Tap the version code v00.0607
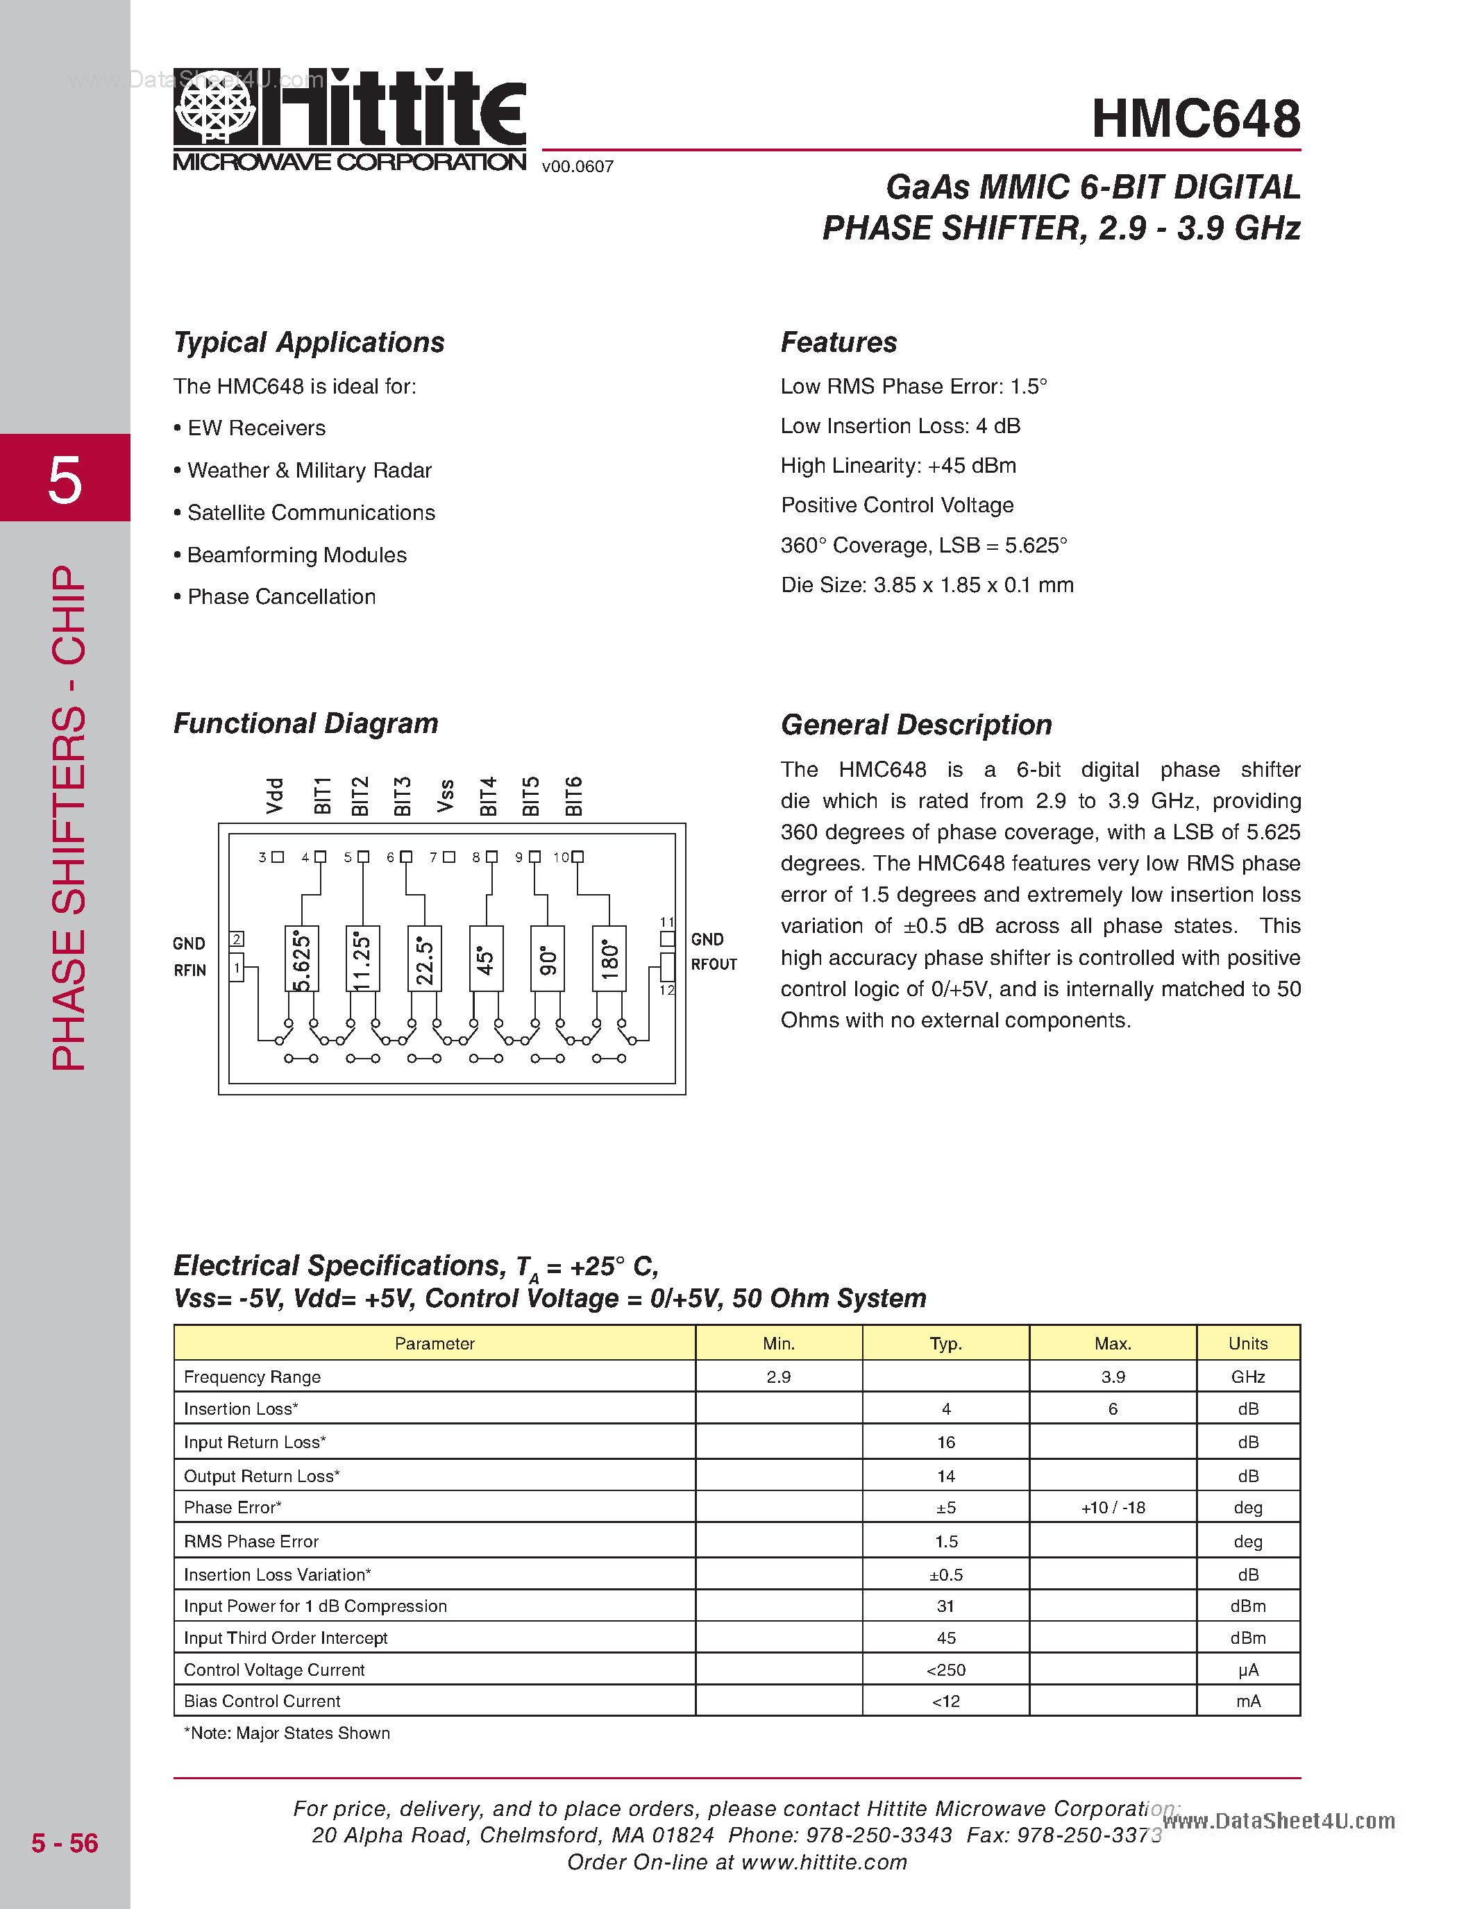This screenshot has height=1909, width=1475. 578,166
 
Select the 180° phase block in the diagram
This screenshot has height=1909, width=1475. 609,958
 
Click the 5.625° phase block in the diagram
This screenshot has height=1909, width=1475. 301,958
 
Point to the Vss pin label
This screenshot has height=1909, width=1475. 446,796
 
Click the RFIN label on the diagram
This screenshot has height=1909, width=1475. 189,970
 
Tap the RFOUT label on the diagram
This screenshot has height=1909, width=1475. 714,964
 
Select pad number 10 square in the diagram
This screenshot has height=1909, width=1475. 578,857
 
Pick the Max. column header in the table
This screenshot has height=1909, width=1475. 1113,1343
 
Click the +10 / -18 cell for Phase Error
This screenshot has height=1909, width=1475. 1113,1508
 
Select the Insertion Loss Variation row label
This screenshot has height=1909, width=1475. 277,1574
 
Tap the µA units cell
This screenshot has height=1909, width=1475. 1248,1670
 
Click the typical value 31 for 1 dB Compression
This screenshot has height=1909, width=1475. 945,1606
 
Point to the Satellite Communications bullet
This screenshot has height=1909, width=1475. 310,513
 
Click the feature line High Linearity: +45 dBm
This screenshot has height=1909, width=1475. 898,466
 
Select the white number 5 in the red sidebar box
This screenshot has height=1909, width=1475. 65,480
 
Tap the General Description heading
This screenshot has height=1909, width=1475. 916,725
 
